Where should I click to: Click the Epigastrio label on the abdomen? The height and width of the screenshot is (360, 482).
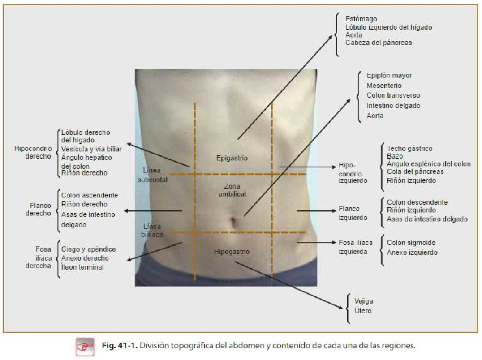pos(232,158)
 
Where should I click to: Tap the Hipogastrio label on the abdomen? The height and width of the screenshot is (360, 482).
pos(232,252)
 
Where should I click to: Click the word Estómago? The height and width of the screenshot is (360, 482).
pos(361,19)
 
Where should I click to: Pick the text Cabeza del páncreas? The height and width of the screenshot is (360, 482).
pos(379,43)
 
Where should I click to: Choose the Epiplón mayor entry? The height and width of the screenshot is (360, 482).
pos(389,76)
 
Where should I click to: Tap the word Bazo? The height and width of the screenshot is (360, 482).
pos(395,156)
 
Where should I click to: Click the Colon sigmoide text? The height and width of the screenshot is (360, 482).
pos(411,243)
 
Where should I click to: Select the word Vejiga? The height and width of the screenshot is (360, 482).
pos(363,301)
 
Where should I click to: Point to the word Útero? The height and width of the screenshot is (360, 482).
pos(363,310)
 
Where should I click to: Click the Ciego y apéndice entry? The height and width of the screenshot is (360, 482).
pos(88,249)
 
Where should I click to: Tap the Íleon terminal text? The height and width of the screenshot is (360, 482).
pos(82,267)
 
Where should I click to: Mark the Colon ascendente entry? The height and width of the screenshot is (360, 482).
pos(90,195)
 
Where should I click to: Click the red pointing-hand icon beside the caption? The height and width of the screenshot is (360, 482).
pos(85,347)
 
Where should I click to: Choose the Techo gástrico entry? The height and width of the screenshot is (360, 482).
pos(409,148)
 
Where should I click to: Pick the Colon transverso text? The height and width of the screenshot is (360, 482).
pos(393,95)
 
